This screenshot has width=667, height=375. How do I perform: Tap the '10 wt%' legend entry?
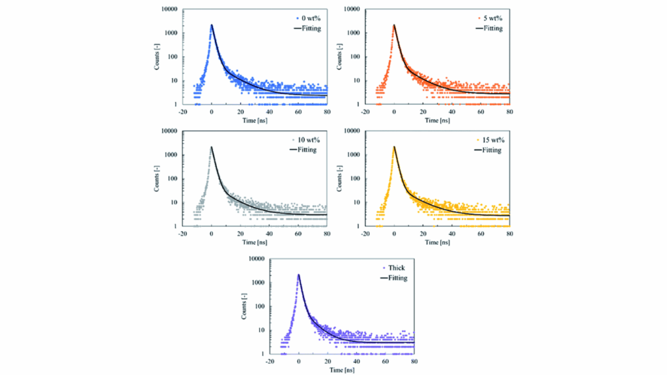click(x=305, y=140)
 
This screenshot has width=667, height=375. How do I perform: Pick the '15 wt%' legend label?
click(x=490, y=140)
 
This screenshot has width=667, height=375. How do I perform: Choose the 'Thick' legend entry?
click(x=396, y=268)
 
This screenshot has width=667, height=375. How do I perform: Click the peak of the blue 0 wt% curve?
click(x=212, y=26)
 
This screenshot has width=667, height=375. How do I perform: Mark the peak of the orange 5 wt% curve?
click(x=394, y=26)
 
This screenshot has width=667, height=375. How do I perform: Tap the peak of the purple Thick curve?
click(x=298, y=275)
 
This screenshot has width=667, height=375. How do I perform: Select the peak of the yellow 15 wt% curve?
click(x=394, y=147)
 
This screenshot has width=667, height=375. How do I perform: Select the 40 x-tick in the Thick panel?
click(x=356, y=361)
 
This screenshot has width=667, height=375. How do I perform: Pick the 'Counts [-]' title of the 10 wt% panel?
click(x=156, y=178)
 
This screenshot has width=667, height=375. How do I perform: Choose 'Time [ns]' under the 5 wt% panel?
click(x=438, y=120)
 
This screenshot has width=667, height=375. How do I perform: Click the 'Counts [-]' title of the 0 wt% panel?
click(x=156, y=57)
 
